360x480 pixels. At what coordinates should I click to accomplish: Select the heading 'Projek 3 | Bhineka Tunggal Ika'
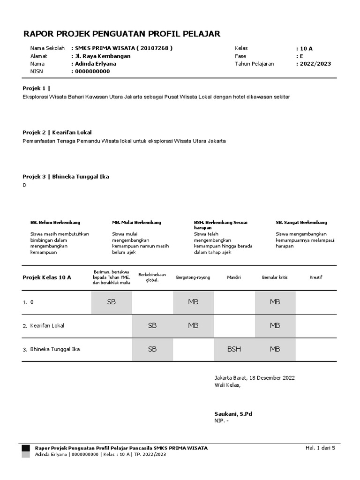(66, 177)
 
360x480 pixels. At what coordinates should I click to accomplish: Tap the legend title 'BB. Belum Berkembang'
(55, 222)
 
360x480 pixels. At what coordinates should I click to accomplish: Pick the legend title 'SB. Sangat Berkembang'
(301, 222)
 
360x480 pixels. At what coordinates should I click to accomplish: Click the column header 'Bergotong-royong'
(193, 277)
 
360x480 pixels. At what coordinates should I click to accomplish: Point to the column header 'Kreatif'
(316, 277)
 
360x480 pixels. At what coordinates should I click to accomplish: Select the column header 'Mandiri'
(234, 277)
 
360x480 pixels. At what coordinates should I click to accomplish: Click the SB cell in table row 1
(111, 302)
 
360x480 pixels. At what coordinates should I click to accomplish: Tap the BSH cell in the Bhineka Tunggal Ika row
(234, 349)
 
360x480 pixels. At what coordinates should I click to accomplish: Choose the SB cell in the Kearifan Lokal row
(152, 325)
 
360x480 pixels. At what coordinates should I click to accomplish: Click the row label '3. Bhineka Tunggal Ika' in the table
(52, 349)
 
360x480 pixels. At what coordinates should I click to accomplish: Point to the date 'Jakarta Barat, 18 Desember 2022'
(255, 378)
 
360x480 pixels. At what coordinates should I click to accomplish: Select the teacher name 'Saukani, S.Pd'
(233, 414)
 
